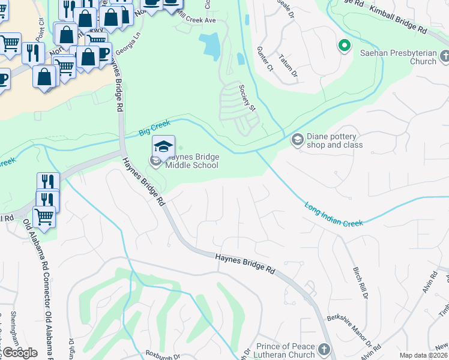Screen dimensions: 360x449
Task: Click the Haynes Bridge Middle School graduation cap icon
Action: click(163, 145)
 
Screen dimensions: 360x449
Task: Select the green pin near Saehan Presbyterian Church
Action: click(345, 45)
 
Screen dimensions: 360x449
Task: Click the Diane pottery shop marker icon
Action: click(297, 139)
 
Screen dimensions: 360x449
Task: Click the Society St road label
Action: click(247, 97)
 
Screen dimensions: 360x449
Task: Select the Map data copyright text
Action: click(423, 355)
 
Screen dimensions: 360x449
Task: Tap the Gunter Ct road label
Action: click(265, 59)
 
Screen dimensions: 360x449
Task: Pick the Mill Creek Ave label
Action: click(194, 20)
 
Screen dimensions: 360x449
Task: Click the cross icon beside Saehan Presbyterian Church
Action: click(444, 56)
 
